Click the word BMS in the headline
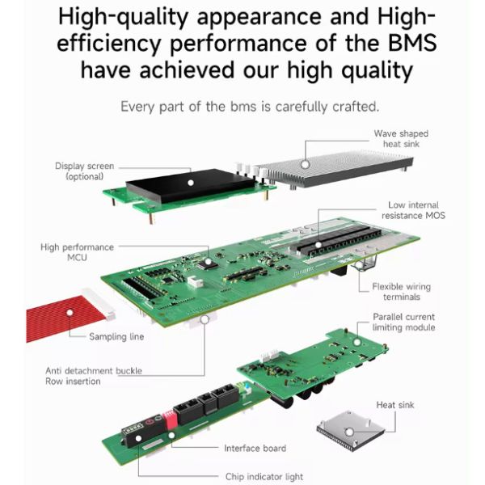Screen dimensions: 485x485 tap(412, 43)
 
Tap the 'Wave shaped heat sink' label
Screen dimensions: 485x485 tap(401, 139)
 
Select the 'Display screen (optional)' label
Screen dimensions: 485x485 tap(84, 171)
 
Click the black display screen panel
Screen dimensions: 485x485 tap(190, 186)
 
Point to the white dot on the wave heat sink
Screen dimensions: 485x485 tap(306, 165)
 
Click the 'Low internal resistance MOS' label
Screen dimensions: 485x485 tap(413, 210)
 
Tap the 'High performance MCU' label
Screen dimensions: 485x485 tap(77, 252)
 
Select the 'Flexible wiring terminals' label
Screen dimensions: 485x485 tap(401, 292)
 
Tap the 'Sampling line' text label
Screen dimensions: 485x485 tap(116, 336)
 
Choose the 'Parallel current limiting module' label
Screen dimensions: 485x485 tap(403, 322)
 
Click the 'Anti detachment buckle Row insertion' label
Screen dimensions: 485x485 tap(94, 376)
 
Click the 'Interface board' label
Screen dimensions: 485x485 tap(255, 448)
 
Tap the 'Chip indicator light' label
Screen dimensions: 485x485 tap(264, 477)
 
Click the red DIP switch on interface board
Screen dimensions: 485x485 tap(171, 419)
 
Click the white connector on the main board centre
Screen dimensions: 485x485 tap(195, 282)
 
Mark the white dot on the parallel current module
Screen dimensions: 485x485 tap(357, 343)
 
